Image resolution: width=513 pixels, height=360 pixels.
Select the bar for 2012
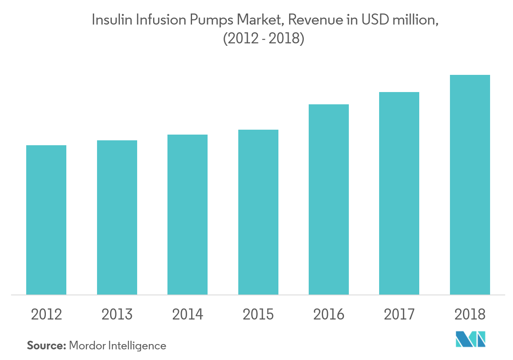46,220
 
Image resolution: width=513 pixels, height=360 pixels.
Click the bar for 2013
117,217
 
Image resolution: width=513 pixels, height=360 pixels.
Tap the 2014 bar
188,214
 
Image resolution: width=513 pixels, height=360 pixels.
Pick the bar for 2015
258,212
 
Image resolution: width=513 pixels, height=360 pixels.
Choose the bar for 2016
329,199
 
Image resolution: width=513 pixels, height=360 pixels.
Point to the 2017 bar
399,193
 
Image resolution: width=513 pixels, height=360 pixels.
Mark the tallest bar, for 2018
470,184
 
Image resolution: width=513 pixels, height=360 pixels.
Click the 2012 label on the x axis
47,315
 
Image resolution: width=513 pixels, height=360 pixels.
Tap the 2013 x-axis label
117,315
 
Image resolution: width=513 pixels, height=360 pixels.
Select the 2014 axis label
188,315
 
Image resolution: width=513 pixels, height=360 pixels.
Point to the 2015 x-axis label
258,315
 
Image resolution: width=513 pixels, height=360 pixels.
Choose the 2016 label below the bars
329,315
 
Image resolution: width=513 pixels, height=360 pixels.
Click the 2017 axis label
399,315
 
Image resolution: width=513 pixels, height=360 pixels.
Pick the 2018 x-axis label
470,315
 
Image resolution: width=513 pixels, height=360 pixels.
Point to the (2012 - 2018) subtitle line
264,40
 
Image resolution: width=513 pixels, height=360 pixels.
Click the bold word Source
46,346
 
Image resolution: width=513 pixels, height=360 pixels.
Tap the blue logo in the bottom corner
471,339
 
